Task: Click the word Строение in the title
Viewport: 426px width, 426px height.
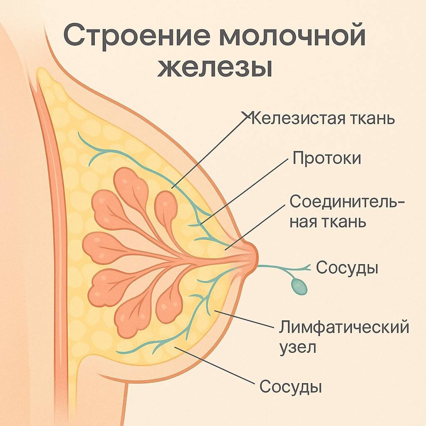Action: (x=137, y=37)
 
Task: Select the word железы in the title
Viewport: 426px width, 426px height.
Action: (x=215, y=68)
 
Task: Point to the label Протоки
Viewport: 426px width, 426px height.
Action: (x=327, y=158)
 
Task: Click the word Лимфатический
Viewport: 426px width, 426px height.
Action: (x=344, y=327)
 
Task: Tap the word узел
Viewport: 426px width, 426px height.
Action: (x=297, y=347)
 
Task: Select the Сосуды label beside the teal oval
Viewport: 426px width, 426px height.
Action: (x=347, y=268)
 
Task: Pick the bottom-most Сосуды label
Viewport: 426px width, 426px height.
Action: (x=291, y=387)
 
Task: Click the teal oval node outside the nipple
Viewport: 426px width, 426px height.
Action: (x=299, y=286)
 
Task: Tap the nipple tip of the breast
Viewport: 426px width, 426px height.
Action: (x=253, y=255)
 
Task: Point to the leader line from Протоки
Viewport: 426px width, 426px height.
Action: (x=245, y=191)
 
